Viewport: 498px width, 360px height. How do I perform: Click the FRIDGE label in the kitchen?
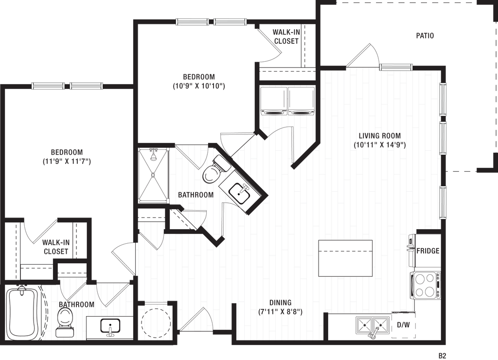[427, 251]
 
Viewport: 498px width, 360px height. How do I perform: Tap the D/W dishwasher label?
[403, 324]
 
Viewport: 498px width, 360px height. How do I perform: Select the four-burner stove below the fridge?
[425, 285]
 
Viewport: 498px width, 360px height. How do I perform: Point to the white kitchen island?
[345, 258]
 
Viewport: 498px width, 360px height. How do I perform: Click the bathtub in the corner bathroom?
[22, 313]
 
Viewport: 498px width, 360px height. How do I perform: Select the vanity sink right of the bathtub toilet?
[111, 327]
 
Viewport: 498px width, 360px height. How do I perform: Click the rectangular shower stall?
[154, 175]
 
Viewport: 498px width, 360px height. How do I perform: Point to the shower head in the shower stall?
[154, 155]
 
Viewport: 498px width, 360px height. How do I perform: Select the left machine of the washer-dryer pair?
[274, 101]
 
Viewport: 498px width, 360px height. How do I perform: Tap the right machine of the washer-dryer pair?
[302, 101]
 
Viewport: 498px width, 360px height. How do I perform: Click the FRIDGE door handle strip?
[411, 251]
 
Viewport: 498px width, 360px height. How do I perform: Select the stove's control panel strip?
[438, 285]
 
